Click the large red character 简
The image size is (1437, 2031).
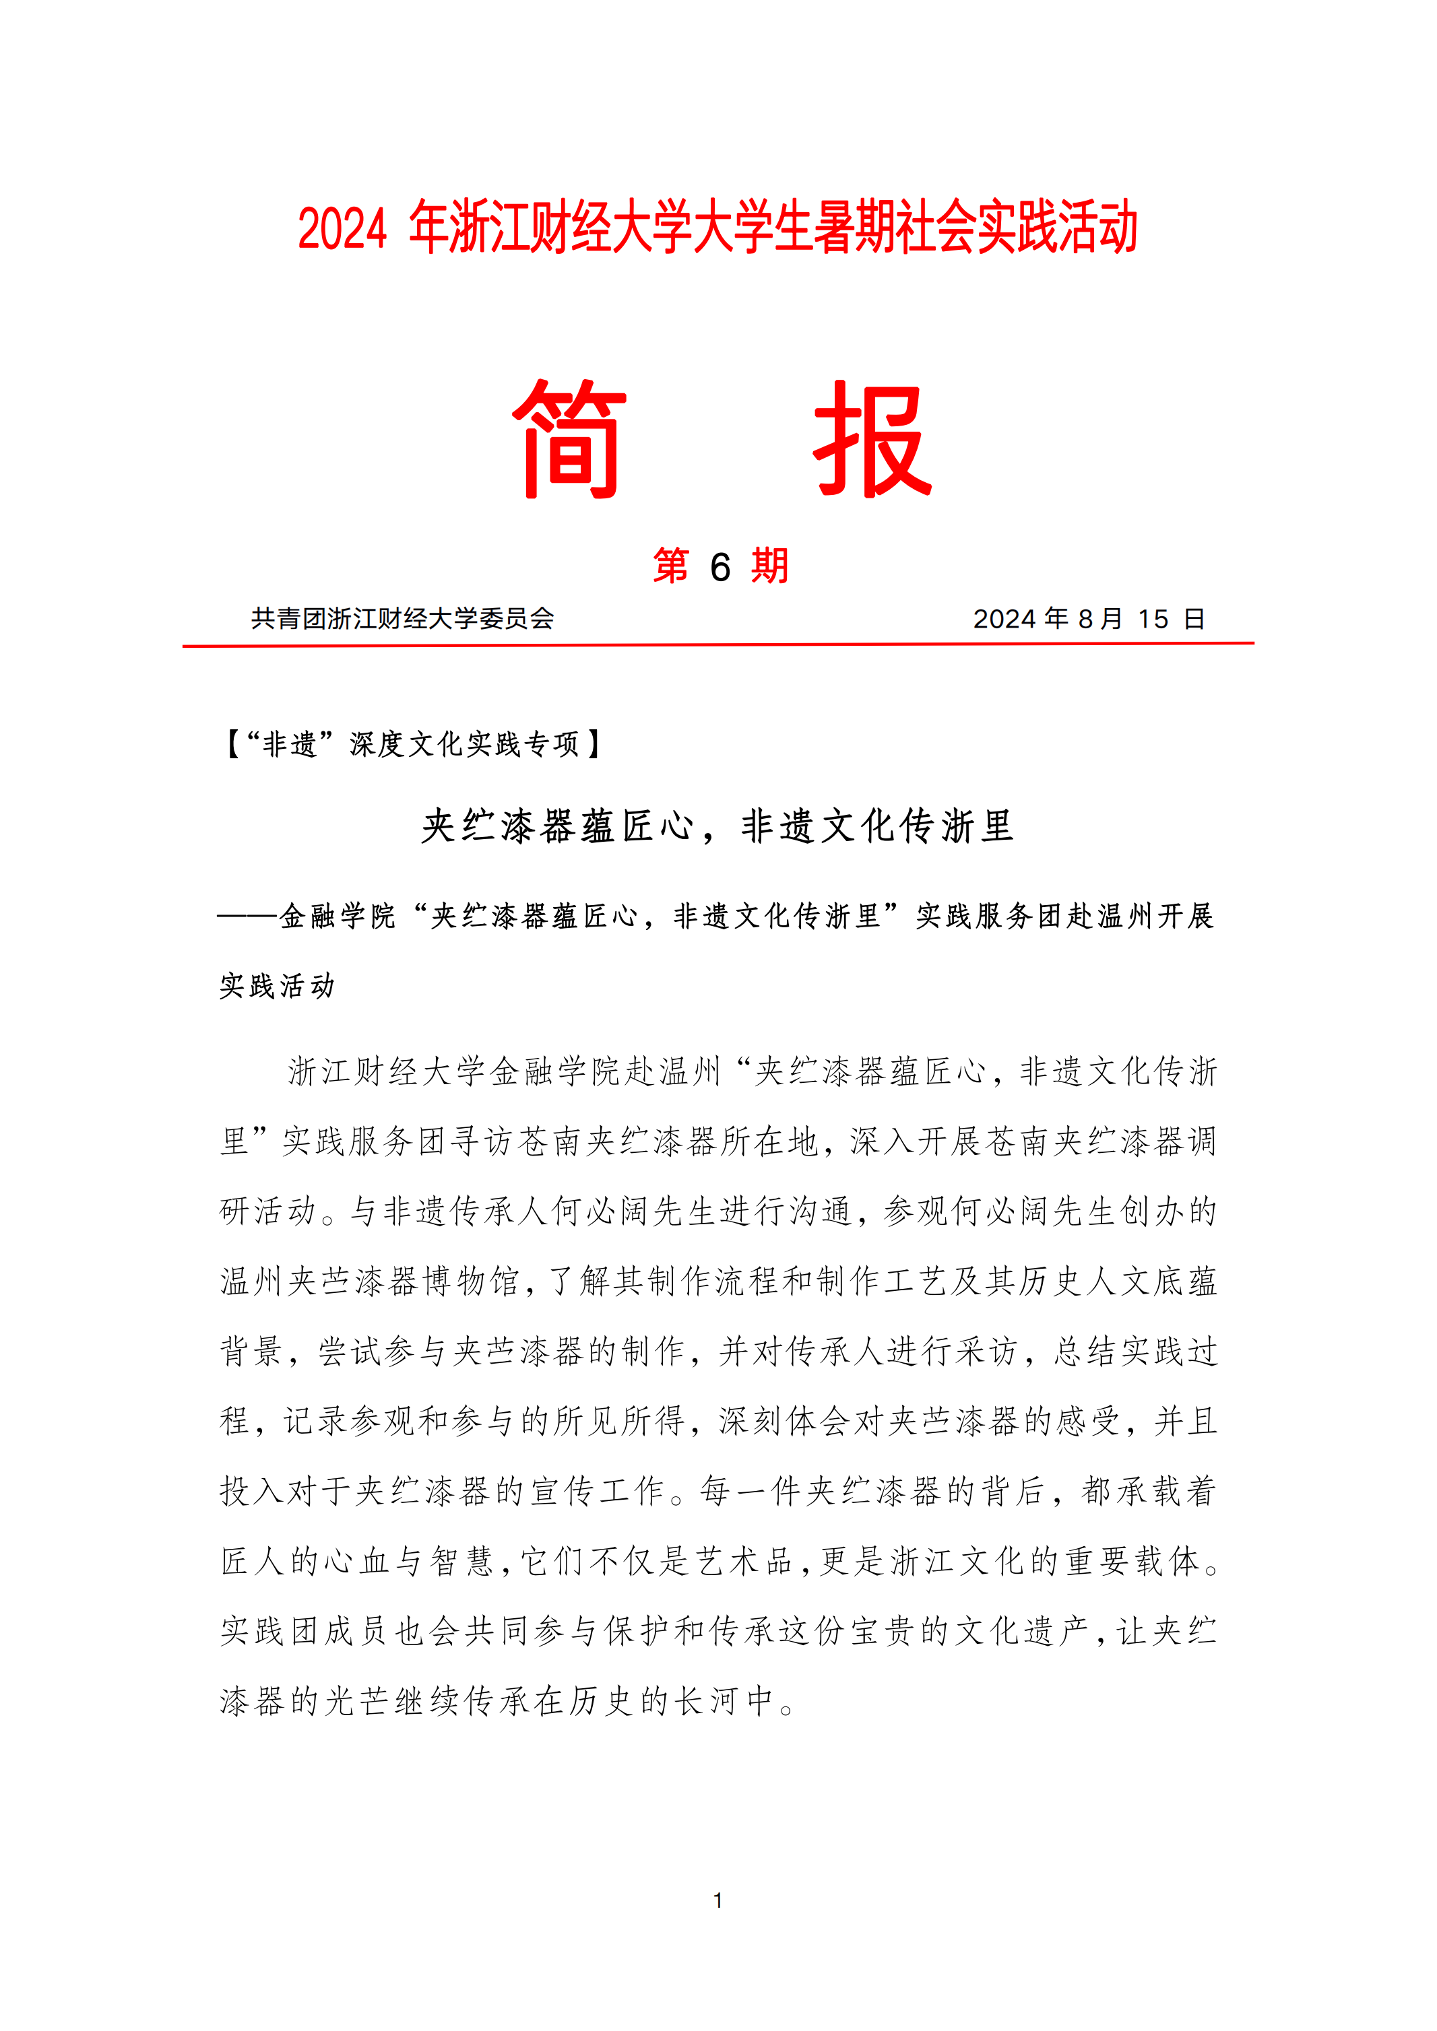pos(570,440)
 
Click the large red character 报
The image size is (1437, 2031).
pos(872,440)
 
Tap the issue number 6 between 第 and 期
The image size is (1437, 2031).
pos(720,567)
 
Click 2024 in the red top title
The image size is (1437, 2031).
pos(342,229)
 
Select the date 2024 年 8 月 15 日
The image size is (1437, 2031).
pos(1089,618)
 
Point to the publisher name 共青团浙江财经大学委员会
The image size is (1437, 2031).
pos(403,618)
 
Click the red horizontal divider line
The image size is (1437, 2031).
pos(717,645)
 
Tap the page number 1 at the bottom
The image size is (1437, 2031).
pos(717,1900)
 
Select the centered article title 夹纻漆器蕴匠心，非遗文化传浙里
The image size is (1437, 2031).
pos(717,827)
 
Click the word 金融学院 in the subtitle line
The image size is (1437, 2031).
pos(337,917)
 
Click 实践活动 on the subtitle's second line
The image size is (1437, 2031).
pos(277,985)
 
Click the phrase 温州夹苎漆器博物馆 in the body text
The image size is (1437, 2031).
pos(370,1281)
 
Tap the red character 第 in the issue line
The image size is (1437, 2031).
pos(672,566)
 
